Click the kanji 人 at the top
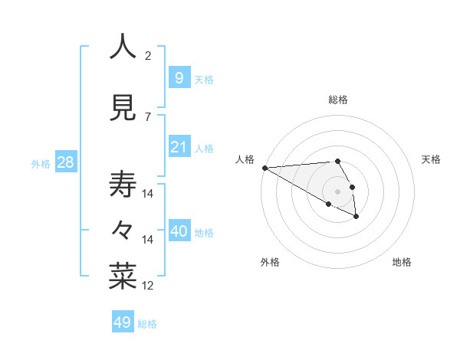tap(123, 47)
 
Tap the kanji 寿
tap(123, 185)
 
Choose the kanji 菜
tap(123, 277)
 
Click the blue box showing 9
tap(179, 77)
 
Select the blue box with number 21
tap(179, 146)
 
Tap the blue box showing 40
tap(179, 231)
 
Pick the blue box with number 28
tap(65, 162)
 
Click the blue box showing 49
tap(123, 322)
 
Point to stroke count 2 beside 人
tap(148, 56)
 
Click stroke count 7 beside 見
tap(148, 117)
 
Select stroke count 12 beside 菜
tap(148, 286)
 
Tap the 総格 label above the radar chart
tap(338, 100)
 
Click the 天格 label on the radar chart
tap(431, 159)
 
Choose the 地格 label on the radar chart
tap(402, 262)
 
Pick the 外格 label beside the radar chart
tap(270, 262)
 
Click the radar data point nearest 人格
tap(264, 168)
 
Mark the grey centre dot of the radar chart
tap(338, 191)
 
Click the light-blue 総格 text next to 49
tap(147, 324)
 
